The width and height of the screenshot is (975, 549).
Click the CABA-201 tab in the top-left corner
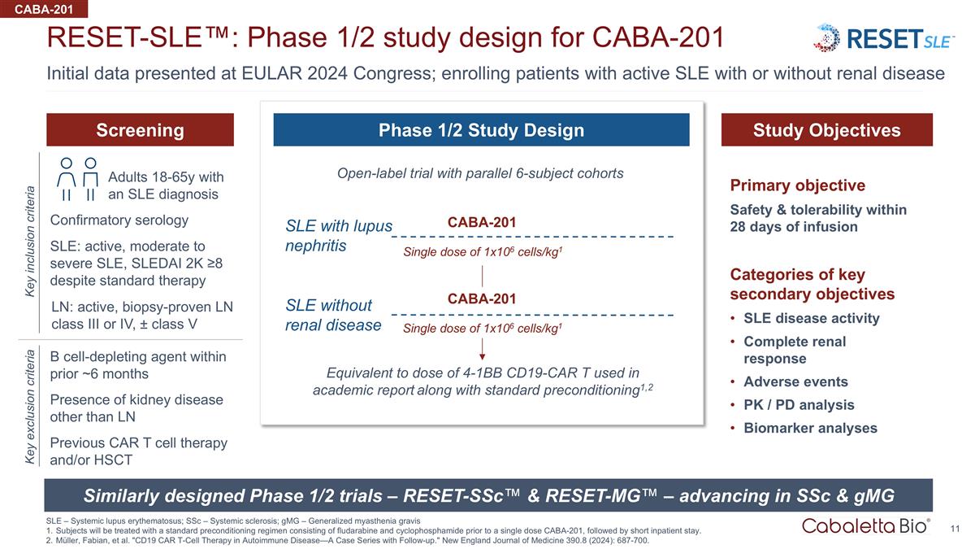click(44, 9)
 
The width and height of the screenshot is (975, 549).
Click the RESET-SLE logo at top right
click(884, 38)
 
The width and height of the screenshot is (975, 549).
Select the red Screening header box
click(140, 130)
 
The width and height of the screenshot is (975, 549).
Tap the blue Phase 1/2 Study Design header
click(481, 130)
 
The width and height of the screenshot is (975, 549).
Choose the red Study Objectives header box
click(826, 130)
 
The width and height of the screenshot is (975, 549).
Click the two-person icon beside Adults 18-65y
click(79, 179)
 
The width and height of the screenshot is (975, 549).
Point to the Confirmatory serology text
click(119, 220)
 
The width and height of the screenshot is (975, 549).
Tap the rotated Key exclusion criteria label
click(30, 407)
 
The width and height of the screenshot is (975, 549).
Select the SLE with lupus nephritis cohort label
click(338, 235)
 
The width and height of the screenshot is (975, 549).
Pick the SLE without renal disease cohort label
click(333, 315)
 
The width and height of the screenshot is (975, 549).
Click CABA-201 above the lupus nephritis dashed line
click(482, 222)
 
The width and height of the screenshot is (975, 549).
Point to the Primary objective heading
click(797, 185)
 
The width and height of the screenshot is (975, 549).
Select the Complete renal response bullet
click(794, 350)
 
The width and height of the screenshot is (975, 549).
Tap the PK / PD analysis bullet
click(799, 405)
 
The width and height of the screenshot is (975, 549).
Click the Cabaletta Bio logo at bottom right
click(865, 525)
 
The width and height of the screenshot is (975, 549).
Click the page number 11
click(955, 529)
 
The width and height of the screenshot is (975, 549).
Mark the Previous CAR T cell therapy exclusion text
click(138, 451)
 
